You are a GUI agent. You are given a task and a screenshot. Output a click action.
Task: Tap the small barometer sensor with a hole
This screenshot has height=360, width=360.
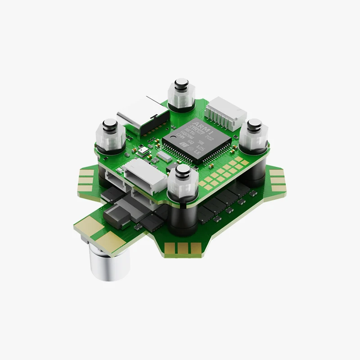(x=143, y=152)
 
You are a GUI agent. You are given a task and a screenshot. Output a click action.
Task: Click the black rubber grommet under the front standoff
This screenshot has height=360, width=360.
(x=184, y=216)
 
